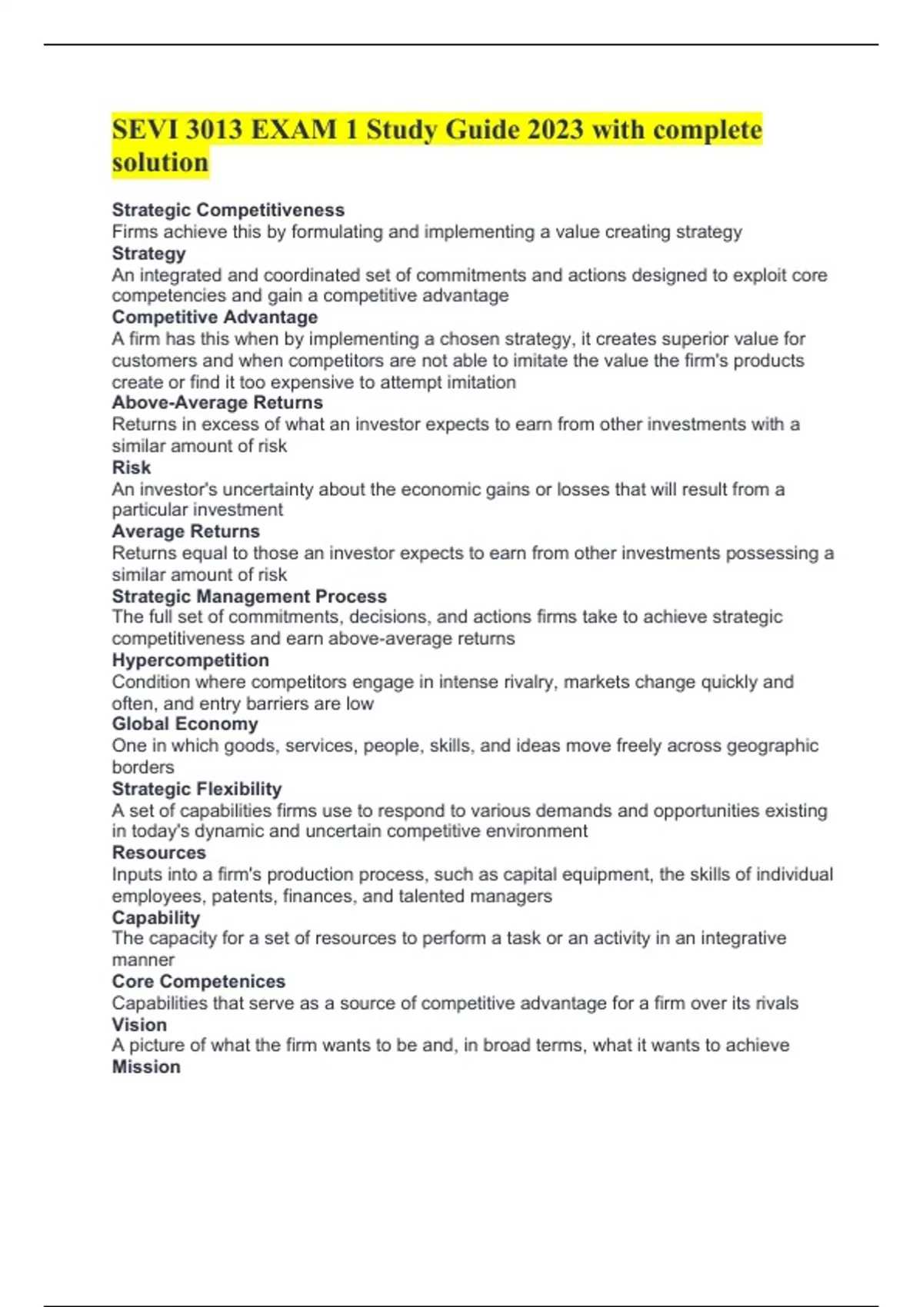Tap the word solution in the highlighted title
tap(160, 163)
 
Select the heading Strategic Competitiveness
tap(228, 210)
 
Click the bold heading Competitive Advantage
tap(215, 317)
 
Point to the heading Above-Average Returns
tap(217, 402)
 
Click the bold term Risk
tap(131, 467)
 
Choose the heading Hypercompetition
tap(190, 660)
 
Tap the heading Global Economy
tap(185, 723)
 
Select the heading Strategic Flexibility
tap(196, 789)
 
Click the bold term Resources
tap(158, 853)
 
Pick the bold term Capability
tap(155, 917)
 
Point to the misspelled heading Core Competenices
tap(198, 981)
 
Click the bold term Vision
tap(139, 1024)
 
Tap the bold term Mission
tap(146, 1066)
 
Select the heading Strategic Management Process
tap(249, 596)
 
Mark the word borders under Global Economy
tap(143, 767)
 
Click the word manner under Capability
tap(143, 959)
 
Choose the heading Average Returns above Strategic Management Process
tap(185, 531)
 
